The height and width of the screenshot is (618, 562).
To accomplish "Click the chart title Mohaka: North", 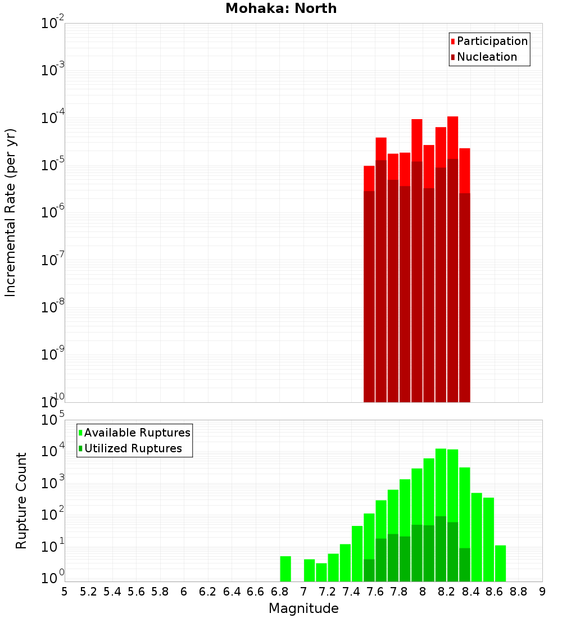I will [281, 8].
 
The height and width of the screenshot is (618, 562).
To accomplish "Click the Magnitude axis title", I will [303, 608].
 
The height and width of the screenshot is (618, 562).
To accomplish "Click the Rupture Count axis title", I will [21, 500].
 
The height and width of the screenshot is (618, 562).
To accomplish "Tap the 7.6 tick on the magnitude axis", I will [375, 591].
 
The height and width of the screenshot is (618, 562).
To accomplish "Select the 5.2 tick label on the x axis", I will [88, 591].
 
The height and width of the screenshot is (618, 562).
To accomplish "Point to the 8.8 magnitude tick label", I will [518, 591].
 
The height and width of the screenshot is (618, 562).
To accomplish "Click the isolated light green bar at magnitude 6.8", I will [285, 569].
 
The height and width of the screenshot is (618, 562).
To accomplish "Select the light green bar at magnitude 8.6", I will [488, 539].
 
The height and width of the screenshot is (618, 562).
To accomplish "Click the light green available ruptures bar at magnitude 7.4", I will [357, 553].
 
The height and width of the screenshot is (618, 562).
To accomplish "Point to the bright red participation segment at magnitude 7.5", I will [369, 178].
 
